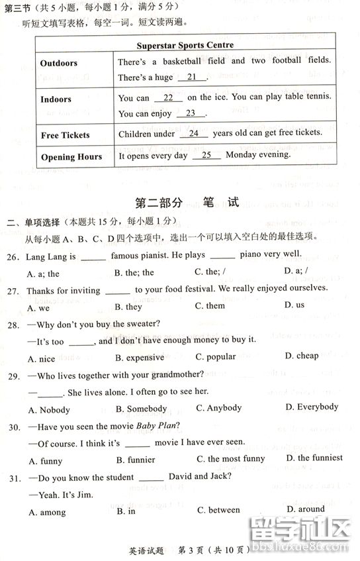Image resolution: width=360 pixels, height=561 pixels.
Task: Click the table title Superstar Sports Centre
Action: [x=185, y=46]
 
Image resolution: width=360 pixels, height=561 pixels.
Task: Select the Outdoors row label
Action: [x=59, y=64]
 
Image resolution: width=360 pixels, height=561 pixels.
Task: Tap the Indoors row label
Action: [x=56, y=99]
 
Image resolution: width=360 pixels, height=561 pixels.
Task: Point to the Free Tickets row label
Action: [x=65, y=135]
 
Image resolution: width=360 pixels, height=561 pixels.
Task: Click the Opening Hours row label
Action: [x=71, y=157]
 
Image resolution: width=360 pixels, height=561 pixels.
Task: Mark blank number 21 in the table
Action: [x=192, y=77]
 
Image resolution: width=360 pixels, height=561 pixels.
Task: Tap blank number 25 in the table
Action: [x=206, y=155]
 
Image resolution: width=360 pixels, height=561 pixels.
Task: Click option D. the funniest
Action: [x=314, y=458]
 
